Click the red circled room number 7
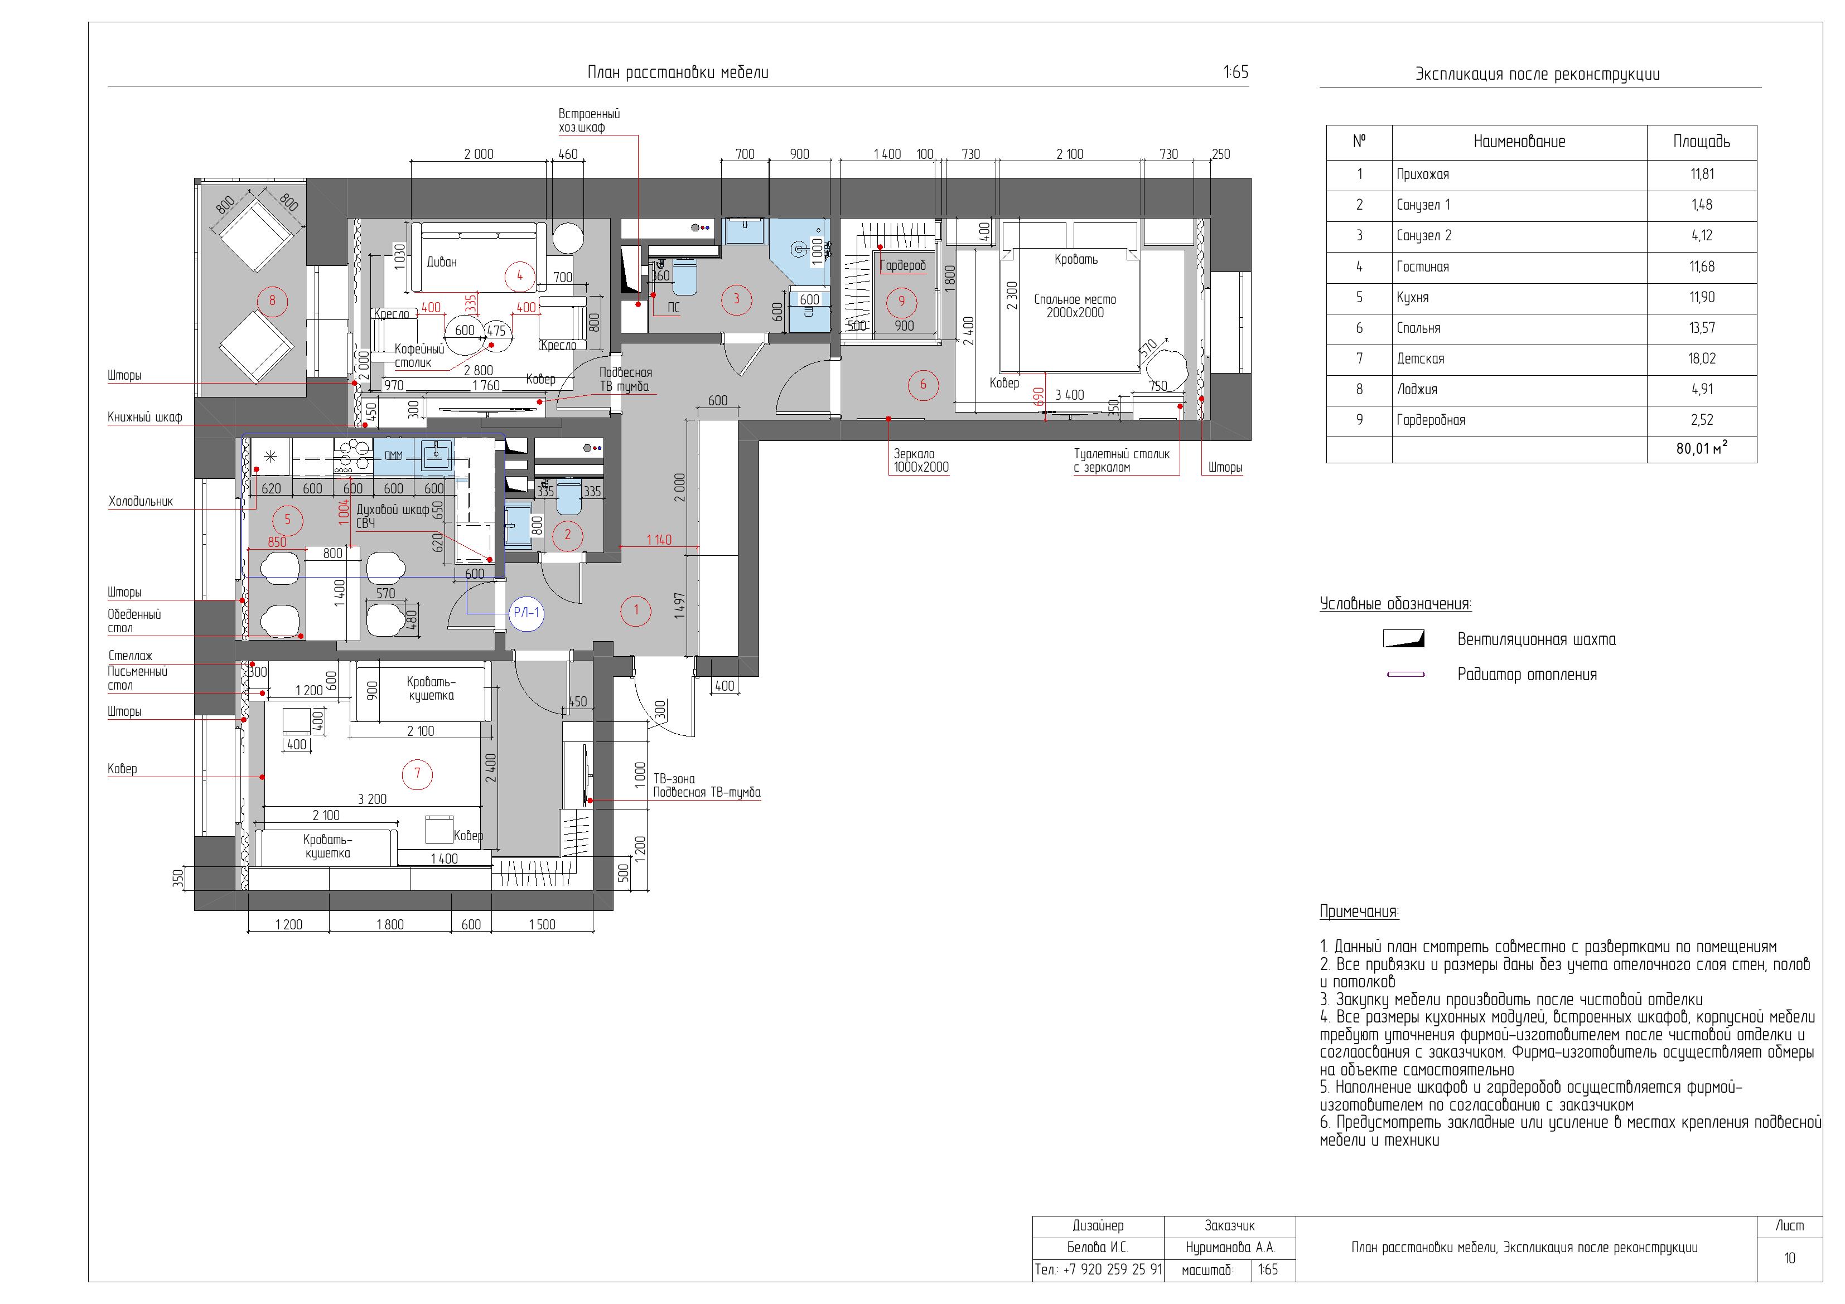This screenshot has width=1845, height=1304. click(x=417, y=774)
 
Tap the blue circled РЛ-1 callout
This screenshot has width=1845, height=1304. click(x=527, y=613)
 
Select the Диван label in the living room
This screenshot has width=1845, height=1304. click(x=441, y=262)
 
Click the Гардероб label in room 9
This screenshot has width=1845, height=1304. click(x=902, y=265)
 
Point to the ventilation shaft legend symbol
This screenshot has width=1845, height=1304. click(x=1403, y=639)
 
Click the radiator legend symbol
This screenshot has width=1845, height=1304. click(x=1406, y=675)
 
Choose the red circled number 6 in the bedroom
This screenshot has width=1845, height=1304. click(x=923, y=385)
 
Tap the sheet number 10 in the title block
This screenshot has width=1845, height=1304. click(x=1790, y=1258)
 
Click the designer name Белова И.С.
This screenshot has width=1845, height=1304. click(x=1098, y=1248)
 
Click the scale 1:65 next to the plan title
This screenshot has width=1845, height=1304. click(x=1236, y=72)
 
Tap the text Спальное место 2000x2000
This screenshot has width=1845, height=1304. click(x=1075, y=306)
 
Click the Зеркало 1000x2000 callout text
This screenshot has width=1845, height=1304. click(x=921, y=460)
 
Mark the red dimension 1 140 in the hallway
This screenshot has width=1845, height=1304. click(x=659, y=540)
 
